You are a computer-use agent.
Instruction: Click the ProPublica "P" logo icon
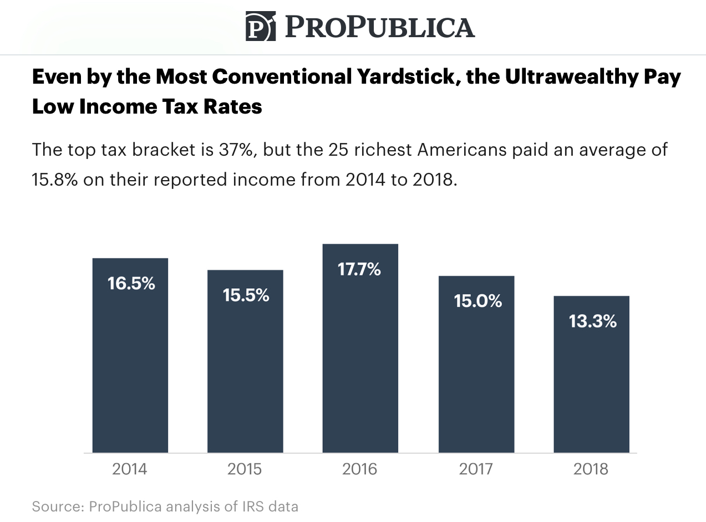[x=260, y=26]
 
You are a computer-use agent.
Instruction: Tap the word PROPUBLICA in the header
[x=380, y=27]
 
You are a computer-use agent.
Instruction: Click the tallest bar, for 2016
[x=360, y=355]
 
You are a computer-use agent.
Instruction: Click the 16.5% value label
[x=131, y=283]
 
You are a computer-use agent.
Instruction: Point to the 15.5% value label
[x=246, y=295]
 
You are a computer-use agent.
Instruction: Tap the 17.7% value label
[x=359, y=269]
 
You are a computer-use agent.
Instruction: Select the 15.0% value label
[x=478, y=301]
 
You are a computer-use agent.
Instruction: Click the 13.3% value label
[x=592, y=321]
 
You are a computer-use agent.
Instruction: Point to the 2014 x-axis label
[x=130, y=469]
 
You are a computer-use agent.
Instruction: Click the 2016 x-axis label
[x=359, y=469]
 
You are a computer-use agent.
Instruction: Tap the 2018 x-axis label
[x=591, y=469]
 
